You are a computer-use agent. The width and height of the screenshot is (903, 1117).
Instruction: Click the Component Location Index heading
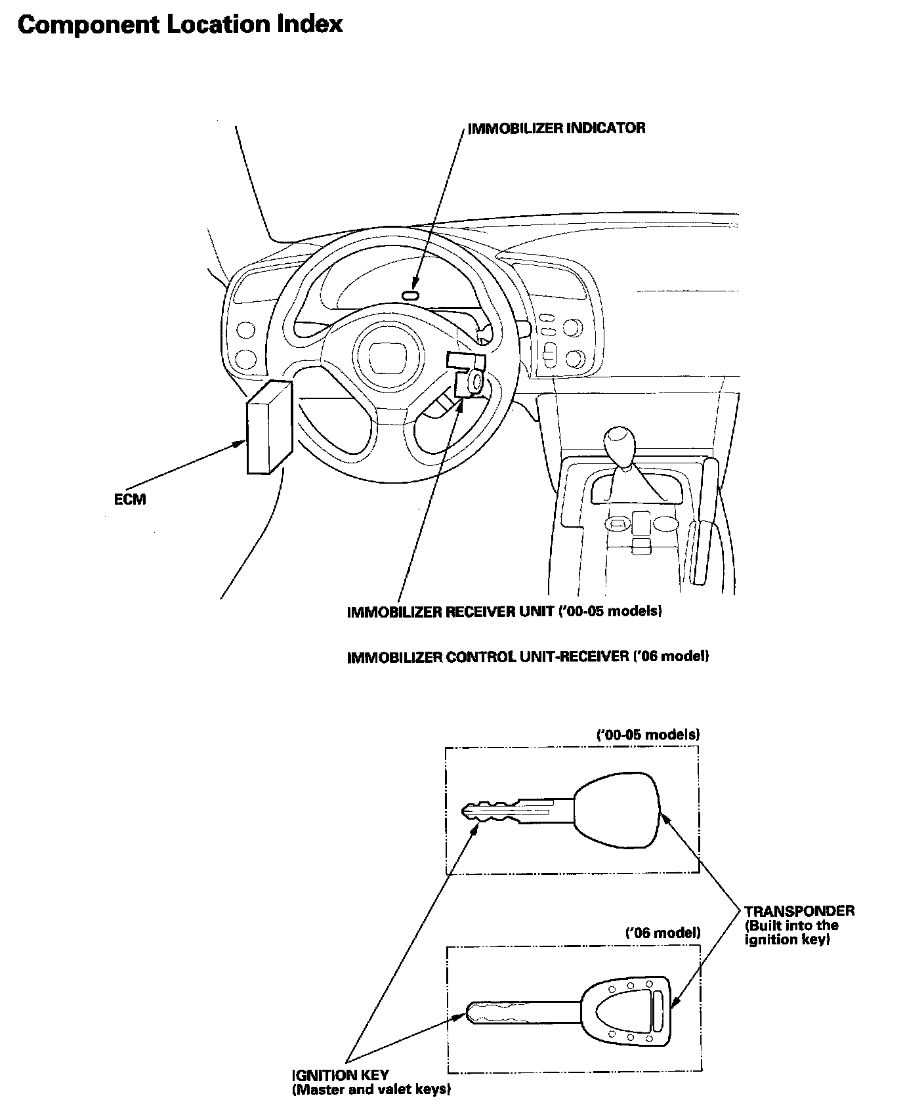click(x=180, y=25)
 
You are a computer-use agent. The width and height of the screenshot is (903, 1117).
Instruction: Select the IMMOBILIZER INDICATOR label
click(x=556, y=128)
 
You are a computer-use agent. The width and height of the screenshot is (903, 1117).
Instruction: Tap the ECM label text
click(x=130, y=499)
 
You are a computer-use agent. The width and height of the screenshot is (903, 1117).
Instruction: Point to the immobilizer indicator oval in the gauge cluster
click(x=411, y=295)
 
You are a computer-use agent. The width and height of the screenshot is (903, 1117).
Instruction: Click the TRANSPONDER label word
click(x=799, y=911)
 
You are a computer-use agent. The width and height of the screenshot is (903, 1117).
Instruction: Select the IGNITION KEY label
click(x=340, y=1075)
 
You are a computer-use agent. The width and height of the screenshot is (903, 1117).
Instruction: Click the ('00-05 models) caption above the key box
click(x=647, y=734)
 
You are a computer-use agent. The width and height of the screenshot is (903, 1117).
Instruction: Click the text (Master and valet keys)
click(x=371, y=1090)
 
